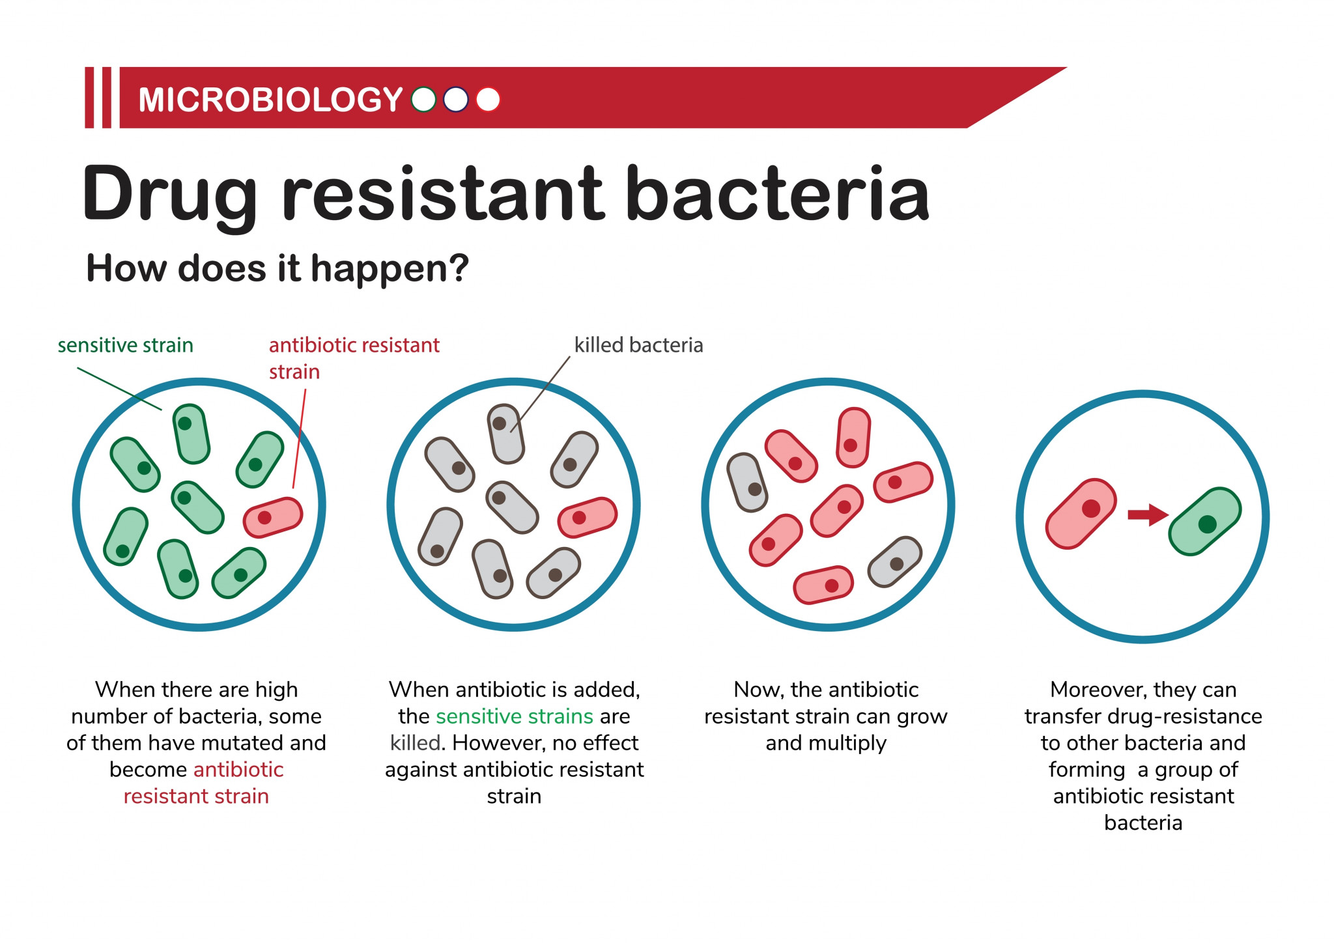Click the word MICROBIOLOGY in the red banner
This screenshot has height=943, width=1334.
[x=270, y=100]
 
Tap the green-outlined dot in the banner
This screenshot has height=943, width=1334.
[x=423, y=100]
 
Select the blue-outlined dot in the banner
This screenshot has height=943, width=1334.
[x=455, y=100]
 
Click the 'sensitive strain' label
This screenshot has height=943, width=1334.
[x=126, y=345]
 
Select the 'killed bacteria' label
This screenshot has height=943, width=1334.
[x=638, y=345]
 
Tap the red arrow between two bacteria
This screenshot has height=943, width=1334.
[x=1148, y=514]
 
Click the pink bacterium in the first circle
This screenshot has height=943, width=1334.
[x=273, y=517]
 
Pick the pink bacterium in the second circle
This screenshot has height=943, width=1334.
[x=588, y=517]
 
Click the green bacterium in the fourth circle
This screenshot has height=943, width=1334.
[x=1205, y=521]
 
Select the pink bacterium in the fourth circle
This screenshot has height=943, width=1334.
[x=1081, y=514]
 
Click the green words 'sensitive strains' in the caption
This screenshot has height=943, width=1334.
[x=515, y=716]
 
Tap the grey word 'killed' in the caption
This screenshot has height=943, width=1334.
[x=416, y=743]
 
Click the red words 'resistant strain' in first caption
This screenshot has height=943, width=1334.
[x=196, y=796]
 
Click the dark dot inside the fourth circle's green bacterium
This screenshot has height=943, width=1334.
[x=1207, y=524]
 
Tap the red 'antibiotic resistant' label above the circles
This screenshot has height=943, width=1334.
[x=354, y=345]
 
